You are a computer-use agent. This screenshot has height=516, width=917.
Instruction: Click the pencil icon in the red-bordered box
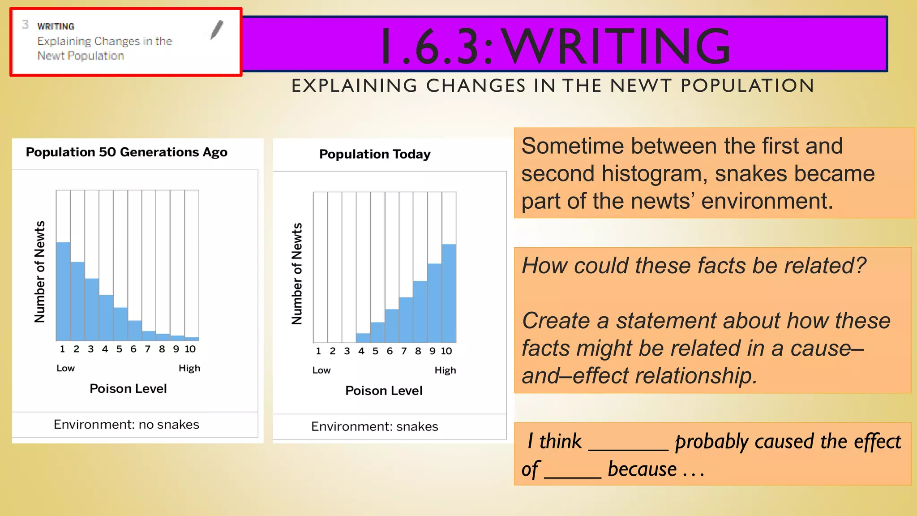(x=217, y=30)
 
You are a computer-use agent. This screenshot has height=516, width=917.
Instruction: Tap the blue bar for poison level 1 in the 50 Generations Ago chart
(x=63, y=291)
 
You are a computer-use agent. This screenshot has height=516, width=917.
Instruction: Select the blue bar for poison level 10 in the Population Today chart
(x=449, y=293)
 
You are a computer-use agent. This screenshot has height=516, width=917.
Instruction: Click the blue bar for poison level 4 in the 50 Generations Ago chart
(x=106, y=318)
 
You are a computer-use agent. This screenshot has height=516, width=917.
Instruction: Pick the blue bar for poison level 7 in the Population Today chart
(x=406, y=320)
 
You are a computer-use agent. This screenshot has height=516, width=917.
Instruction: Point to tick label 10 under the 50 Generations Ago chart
(x=190, y=349)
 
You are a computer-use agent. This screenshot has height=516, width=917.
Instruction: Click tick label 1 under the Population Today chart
(x=318, y=351)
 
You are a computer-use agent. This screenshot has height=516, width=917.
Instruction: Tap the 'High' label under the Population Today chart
(x=445, y=370)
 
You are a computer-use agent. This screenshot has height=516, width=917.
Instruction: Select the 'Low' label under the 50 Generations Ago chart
(x=65, y=368)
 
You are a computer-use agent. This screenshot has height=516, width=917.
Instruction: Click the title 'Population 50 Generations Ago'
(x=126, y=152)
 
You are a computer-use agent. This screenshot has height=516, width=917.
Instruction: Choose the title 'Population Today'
(x=375, y=154)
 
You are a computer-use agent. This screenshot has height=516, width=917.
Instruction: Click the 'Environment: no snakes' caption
(x=126, y=424)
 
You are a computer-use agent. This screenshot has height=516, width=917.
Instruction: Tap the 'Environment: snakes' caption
(x=374, y=426)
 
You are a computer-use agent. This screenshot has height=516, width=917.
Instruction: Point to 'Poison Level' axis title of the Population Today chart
(x=384, y=391)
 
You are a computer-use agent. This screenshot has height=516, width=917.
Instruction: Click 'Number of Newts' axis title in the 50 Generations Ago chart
(x=40, y=271)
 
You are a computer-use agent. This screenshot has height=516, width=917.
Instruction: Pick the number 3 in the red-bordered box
(x=26, y=25)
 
